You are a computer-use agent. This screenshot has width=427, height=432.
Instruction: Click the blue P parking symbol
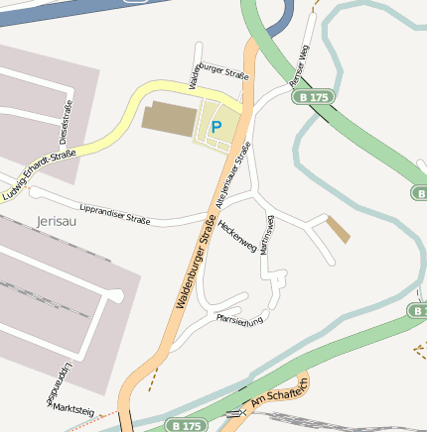tap(216, 127)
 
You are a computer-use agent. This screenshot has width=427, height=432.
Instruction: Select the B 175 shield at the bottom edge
tap(186, 425)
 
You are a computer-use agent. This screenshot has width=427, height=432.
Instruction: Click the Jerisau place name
tap(56, 221)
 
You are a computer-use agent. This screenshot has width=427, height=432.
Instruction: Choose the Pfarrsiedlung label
tap(239, 317)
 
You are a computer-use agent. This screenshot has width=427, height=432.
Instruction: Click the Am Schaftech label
tap(282, 390)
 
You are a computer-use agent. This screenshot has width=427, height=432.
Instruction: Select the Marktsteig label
tap(73, 407)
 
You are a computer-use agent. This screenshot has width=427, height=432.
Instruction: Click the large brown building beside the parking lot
tap(170, 117)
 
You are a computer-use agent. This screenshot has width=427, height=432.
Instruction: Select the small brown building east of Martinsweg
tap(339, 231)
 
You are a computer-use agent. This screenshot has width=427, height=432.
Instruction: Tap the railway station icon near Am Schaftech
tap(234, 412)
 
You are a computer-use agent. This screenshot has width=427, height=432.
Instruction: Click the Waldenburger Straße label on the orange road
tap(196, 268)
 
